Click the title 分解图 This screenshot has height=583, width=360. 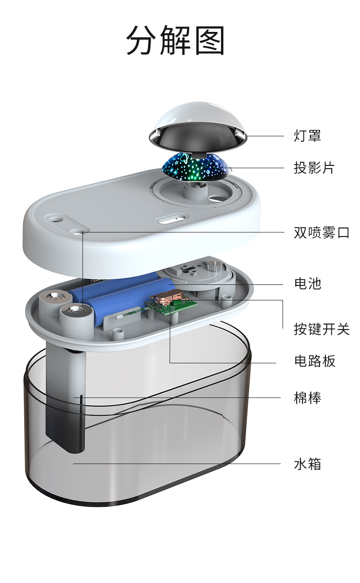175,41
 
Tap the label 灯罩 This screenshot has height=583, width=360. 307,136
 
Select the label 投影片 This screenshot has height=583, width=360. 314,168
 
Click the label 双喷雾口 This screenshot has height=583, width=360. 321,232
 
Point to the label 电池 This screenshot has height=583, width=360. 308,284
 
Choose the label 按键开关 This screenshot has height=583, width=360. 321,329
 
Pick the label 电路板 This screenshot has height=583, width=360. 314,361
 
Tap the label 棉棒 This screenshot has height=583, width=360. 308,398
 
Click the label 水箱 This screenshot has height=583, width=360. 308,464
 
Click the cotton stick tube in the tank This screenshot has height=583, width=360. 66,401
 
